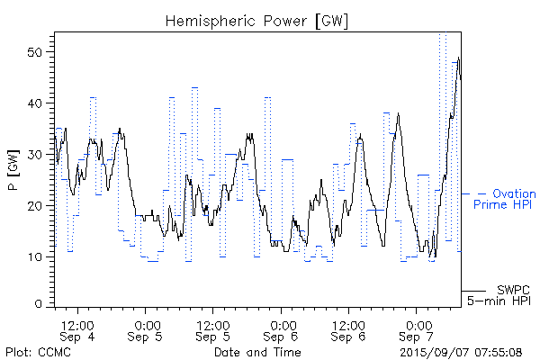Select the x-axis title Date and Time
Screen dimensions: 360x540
tap(257, 352)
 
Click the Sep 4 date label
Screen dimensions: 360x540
tap(77, 337)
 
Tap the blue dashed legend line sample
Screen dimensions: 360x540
tap(474, 193)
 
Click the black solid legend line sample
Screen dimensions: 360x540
tap(474, 291)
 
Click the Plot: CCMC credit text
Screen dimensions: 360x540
tap(35, 352)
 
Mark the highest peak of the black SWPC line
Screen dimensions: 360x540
tap(459, 58)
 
